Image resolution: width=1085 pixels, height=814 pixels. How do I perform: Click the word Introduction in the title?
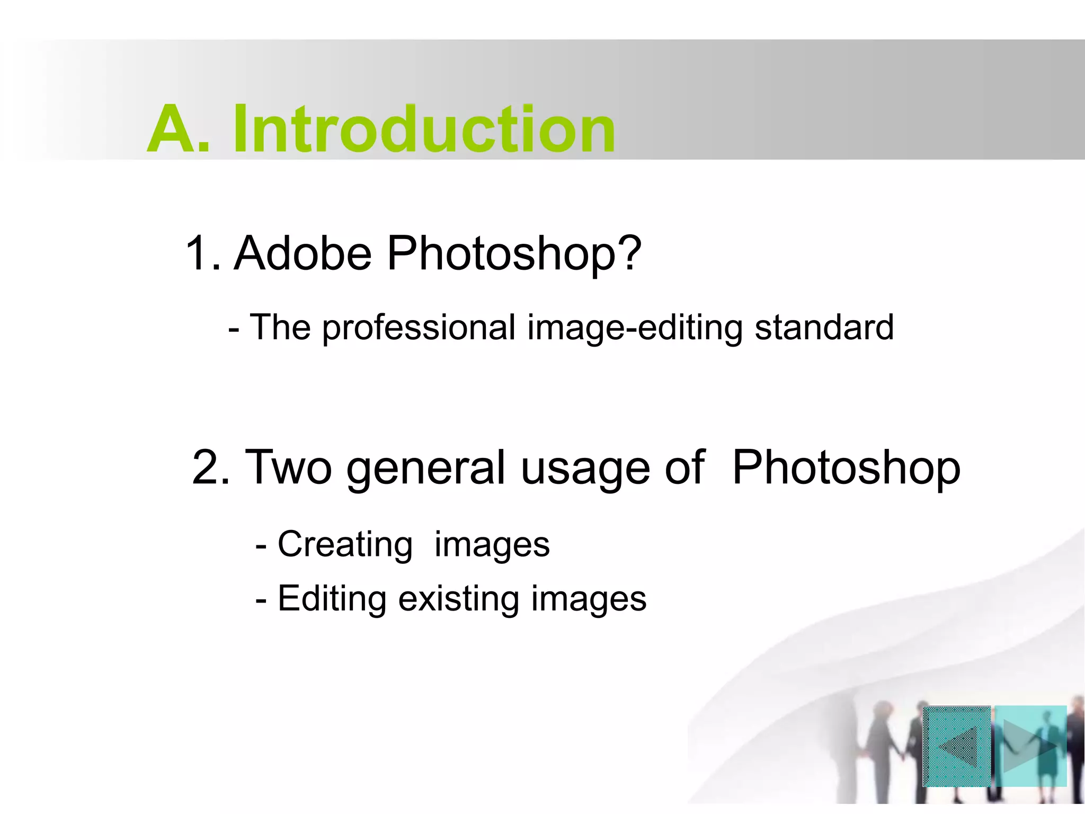point(424,129)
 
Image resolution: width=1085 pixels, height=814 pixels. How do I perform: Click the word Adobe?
point(303,253)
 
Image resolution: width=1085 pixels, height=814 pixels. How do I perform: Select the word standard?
point(824,328)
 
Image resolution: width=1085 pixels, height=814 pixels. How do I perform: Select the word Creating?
point(345,545)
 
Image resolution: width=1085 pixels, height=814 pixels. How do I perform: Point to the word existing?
point(458,599)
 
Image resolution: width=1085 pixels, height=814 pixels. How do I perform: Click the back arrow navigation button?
point(957,746)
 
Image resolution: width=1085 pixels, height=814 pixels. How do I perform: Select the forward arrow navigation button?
point(1030,746)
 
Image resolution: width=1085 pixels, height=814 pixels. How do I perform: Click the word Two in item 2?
point(289,467)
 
